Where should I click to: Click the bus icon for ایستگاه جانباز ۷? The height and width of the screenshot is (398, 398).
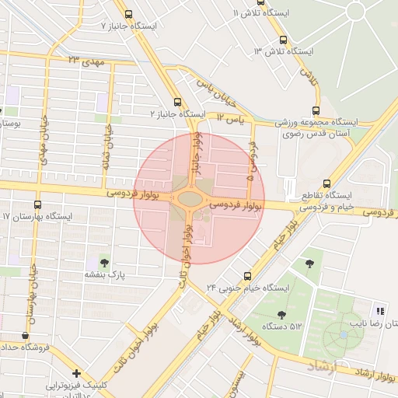tap(128, 14)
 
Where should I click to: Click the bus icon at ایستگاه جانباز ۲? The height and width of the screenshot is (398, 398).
tap(179, 102)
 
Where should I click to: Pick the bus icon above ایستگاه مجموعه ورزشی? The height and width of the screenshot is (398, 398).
tap(315, 110)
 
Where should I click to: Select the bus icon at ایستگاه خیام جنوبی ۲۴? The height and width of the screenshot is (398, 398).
tap(248, 275)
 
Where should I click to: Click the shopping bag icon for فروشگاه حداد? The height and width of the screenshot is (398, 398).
tap(26, 336)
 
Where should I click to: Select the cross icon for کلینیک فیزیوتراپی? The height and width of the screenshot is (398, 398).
tap(76, 373)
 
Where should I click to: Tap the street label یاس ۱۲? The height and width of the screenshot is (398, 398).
tap(230, 118)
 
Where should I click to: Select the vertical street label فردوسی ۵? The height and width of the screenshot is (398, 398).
tap(251, 162)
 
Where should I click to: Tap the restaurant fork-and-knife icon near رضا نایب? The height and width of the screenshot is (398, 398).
tap(380, 309)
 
